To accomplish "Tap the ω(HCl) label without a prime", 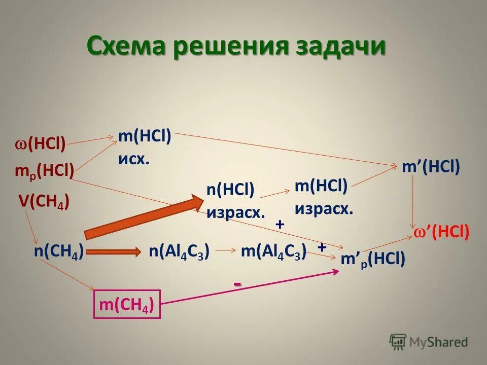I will pos(40,145).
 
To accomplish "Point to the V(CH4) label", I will pos(44,202).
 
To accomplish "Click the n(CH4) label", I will pos(59,250).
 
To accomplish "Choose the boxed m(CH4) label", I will pos(127,304).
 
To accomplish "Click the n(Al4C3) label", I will pos(180,250).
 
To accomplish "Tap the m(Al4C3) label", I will pos(273,250).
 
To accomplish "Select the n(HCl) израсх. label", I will pos(235,201).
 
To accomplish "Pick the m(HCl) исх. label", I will pos(145,148).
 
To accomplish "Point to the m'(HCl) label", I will pos(431,167).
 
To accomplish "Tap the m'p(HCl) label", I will pos(373,260).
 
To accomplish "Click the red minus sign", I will pos(237,285).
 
